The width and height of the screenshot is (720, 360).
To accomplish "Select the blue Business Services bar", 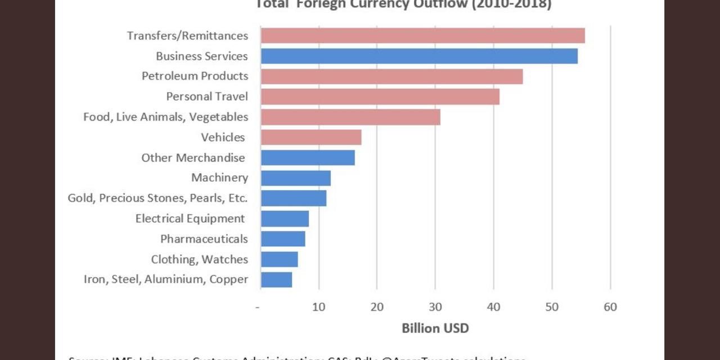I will pos(419,56).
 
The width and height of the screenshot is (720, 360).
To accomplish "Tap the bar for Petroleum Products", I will pos(392,76).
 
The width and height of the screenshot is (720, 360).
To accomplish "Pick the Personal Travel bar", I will pos(380,97).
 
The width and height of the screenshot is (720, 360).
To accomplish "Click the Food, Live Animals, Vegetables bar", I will pos(350,117).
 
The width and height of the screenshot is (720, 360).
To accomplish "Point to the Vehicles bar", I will pos(311,137).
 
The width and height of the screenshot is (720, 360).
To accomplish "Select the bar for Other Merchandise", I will pos(308,157).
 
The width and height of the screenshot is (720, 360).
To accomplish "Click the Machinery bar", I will pos(296,178).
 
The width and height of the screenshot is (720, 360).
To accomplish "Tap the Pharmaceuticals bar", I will pos(283,239).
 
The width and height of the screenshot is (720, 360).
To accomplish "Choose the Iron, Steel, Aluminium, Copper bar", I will pos(276,280).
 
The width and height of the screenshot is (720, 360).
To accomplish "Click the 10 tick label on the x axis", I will pos(319,307).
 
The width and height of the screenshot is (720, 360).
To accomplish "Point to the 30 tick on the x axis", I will pos(435,307).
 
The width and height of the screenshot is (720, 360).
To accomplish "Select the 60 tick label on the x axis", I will pos(610,307).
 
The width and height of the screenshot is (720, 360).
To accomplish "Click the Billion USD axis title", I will pos(435,328).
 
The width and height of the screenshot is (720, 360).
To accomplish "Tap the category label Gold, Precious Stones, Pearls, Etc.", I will pos(157,198).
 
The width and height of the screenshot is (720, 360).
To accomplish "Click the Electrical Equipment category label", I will pos(190,218).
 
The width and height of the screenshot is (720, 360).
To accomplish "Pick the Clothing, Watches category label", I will pos(199,259).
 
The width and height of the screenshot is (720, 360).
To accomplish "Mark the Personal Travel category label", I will pos(206,96).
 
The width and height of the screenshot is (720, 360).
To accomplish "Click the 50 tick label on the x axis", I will pos(552,307).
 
